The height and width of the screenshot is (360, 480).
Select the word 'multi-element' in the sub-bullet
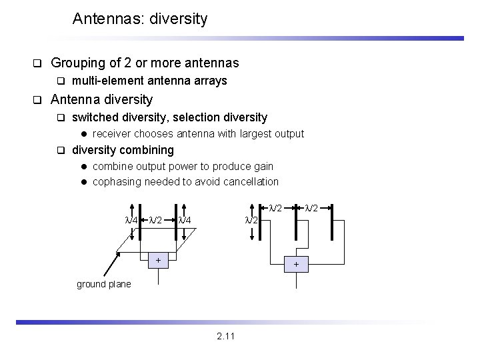tap(103, 81)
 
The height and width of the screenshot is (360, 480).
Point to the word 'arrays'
tap(211, 81)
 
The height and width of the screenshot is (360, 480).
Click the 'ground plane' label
tap(103, 285)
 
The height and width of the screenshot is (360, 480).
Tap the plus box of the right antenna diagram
tap(297, 264)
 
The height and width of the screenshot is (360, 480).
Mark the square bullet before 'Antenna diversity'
tap(38, 101)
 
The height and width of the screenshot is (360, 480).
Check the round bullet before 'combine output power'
tap(83, 166)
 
